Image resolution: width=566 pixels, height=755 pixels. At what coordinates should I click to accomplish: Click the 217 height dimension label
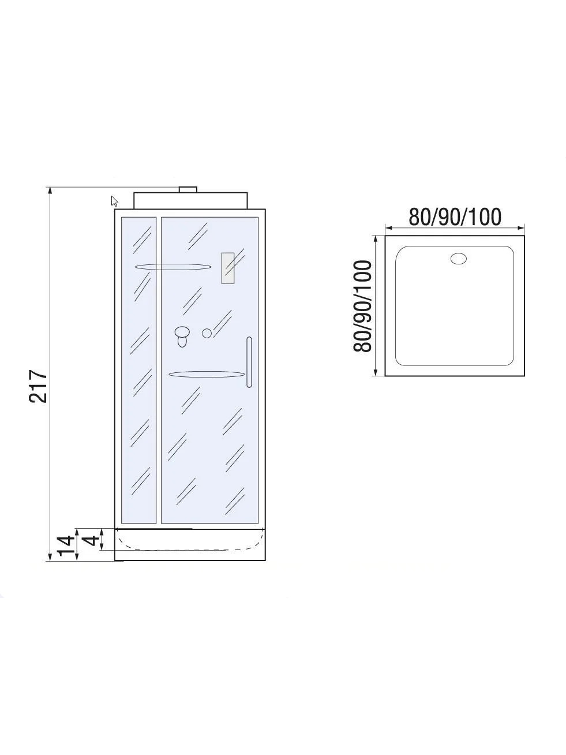pyautogui.click(x=38, y=386)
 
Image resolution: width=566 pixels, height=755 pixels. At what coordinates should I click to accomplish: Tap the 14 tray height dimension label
pyautogui.click(x=66, y=546)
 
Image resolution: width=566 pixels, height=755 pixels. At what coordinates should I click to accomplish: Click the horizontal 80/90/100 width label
pyautogui.click(x=455, y=216)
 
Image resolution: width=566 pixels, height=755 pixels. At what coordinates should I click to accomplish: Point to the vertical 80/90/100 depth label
pyautogui.click(x=362, y=306)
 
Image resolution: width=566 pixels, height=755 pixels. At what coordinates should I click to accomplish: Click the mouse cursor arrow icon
pyautogui.click(x=114, y=201)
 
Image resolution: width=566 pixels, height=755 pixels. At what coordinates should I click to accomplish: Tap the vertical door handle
pyautogui.click(x=249, y=362)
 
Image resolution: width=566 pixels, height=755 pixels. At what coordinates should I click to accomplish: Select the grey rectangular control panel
pyautogui.click(x=228, y=268)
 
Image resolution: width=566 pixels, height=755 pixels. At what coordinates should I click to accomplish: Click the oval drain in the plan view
pyautogui.click(x=458, y=259)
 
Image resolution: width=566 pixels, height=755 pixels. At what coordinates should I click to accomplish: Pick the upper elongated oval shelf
pyautogui.click(x=173, y=267)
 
